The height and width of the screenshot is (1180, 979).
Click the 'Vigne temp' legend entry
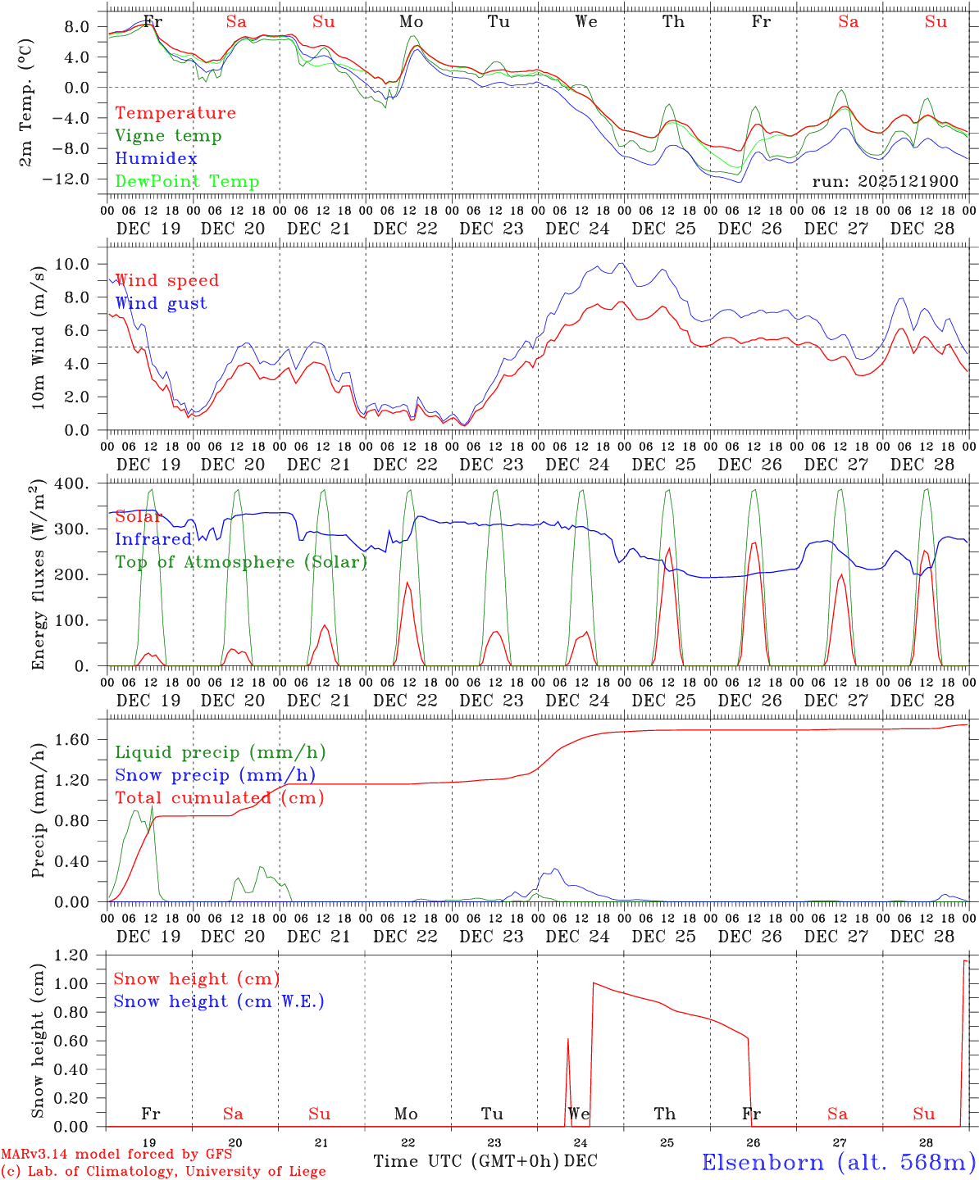(168, 136)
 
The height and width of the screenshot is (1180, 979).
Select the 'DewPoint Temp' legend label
(187, 182)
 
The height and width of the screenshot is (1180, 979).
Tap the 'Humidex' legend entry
(156, 159)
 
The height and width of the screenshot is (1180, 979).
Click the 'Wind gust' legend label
(161, 303)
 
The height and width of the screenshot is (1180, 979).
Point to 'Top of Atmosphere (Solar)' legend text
(241, 562)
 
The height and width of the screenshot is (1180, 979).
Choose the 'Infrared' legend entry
(153, 539)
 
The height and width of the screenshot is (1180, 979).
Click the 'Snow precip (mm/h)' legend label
(215, 775)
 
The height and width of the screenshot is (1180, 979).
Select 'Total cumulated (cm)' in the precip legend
(219, 798)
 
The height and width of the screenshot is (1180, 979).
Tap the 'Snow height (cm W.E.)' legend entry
(219, 1001)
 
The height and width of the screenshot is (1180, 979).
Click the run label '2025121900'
(885, 182)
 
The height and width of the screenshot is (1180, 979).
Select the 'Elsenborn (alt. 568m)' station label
(838, 1162)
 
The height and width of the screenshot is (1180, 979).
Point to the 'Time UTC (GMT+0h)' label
(466, 1161)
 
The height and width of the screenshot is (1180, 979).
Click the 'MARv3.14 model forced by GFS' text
(116, 1155)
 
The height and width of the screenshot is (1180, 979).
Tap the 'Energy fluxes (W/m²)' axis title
(38, 576)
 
